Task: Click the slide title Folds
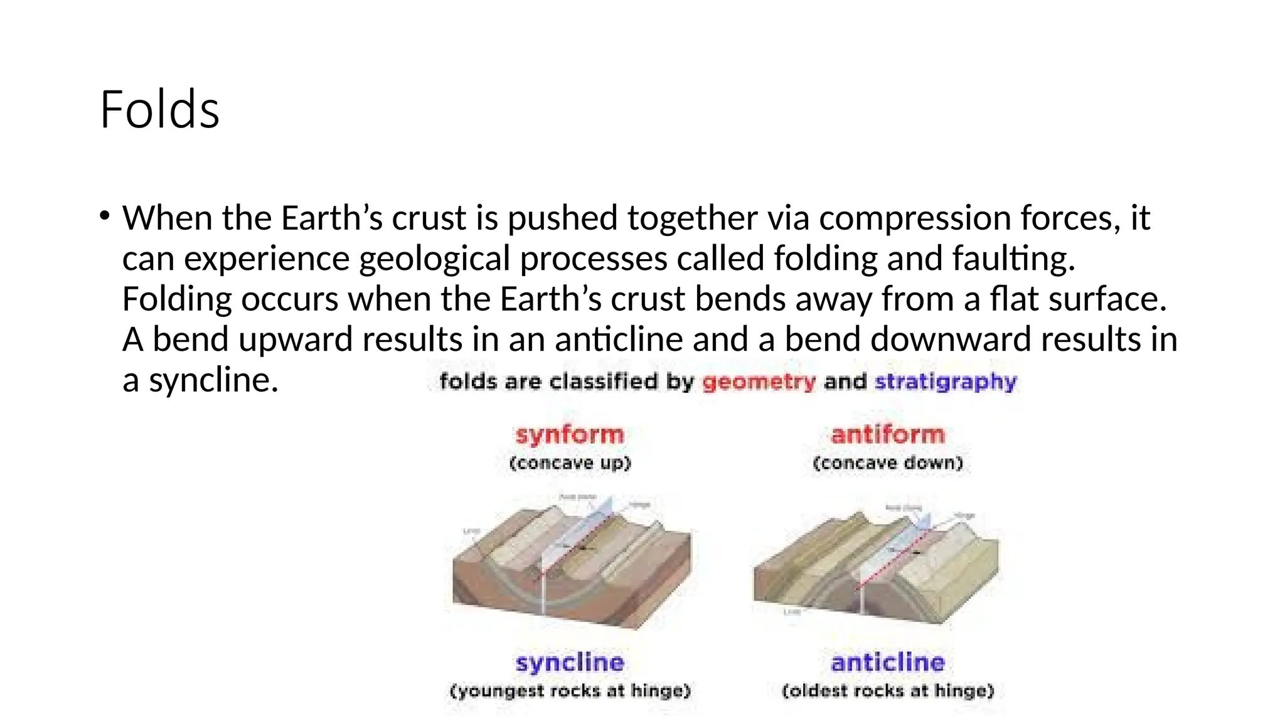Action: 159,110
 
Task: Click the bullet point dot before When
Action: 104,217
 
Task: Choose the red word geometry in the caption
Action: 758,382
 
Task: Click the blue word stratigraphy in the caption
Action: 945,382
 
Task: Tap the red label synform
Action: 569,434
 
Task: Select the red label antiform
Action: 887,434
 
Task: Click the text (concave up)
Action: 570,463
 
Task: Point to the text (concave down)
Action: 887,463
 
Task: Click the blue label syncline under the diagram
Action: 570,662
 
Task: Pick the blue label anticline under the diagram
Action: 887,662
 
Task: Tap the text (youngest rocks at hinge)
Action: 570,691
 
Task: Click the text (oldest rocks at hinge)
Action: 887,691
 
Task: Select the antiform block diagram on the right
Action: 876,565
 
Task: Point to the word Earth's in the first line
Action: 331,218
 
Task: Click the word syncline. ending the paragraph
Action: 213,380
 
